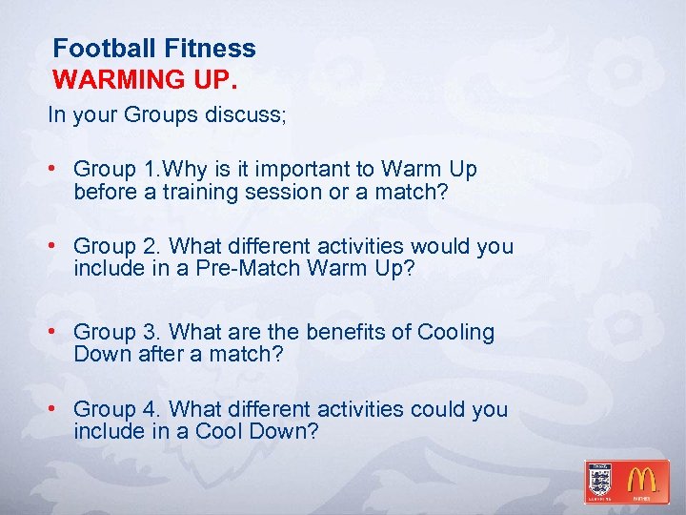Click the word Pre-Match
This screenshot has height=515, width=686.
click(x=251, y=269)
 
